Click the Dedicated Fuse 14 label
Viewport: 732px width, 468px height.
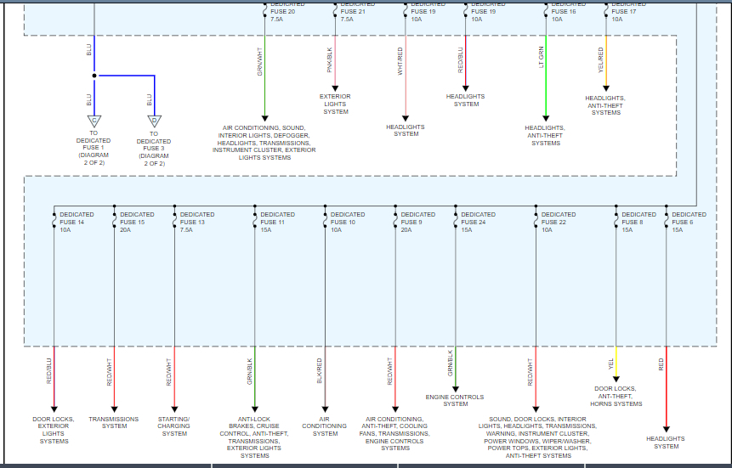point(77,223)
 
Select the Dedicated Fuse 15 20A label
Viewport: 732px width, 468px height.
point(137,223)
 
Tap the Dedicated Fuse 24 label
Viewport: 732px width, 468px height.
point(478,223)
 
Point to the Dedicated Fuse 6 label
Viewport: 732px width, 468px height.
point(689,223)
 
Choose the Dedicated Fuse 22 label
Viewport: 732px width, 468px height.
point(559,223)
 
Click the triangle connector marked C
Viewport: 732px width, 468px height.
point(94,121)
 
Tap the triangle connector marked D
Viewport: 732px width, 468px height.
point(154,121)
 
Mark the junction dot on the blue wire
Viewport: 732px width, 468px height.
point(94,76)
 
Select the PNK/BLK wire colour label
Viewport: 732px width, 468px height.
point(331,61)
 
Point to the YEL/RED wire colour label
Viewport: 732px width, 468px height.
point(602,61)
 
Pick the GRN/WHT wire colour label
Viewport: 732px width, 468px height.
point(260,61)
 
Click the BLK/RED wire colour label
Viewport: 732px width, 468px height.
point(321,371)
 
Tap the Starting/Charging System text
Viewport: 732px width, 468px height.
point(174,426)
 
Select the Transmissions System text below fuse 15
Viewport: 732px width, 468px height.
point(114,422)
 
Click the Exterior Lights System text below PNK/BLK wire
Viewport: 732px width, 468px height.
point(335,104)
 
